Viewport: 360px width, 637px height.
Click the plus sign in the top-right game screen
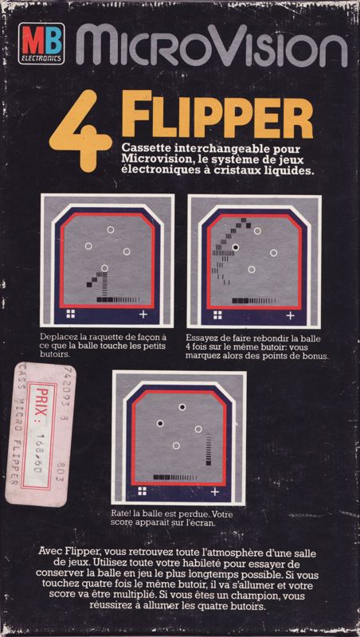pyautogui.click(x=289, y=315)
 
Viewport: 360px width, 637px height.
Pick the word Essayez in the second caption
pyautogui.click(x=203, y=338)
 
